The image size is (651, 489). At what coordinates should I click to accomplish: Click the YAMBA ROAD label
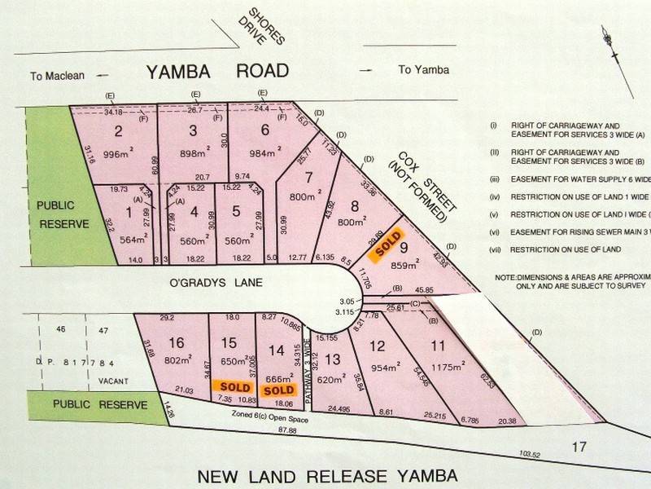[217, 71]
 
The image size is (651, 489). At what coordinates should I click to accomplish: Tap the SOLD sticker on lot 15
[230, 386]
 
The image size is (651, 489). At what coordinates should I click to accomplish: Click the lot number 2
[118, 132]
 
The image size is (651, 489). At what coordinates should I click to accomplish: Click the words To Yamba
[423, 70]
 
